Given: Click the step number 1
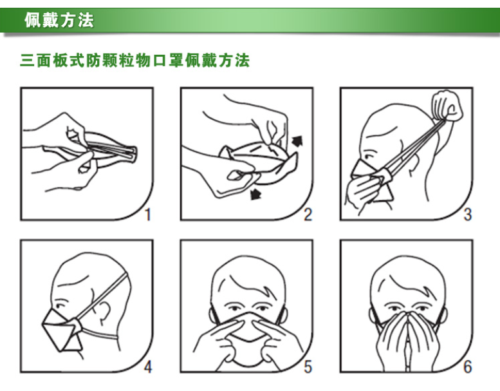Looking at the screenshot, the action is coord(147,215).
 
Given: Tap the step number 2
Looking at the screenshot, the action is coord(308,215).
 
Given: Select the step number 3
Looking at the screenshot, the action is coord(467,215).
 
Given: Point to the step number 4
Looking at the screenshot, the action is coord(148,367).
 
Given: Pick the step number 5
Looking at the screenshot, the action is coord(308,367).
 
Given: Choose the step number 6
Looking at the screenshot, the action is coord(467,367).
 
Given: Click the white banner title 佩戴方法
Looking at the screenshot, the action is coord(59,20).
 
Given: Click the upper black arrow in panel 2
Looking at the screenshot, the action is coord(297,141).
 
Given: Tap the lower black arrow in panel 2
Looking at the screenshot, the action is coord(255,194).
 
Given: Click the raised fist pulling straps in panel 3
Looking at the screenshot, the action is coord(447,106).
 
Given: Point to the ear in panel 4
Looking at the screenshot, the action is coord(105,312).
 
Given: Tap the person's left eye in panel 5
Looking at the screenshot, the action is coord(261,309).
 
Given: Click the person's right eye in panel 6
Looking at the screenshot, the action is coord(393,309).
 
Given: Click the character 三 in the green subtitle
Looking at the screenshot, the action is coord(27,61).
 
